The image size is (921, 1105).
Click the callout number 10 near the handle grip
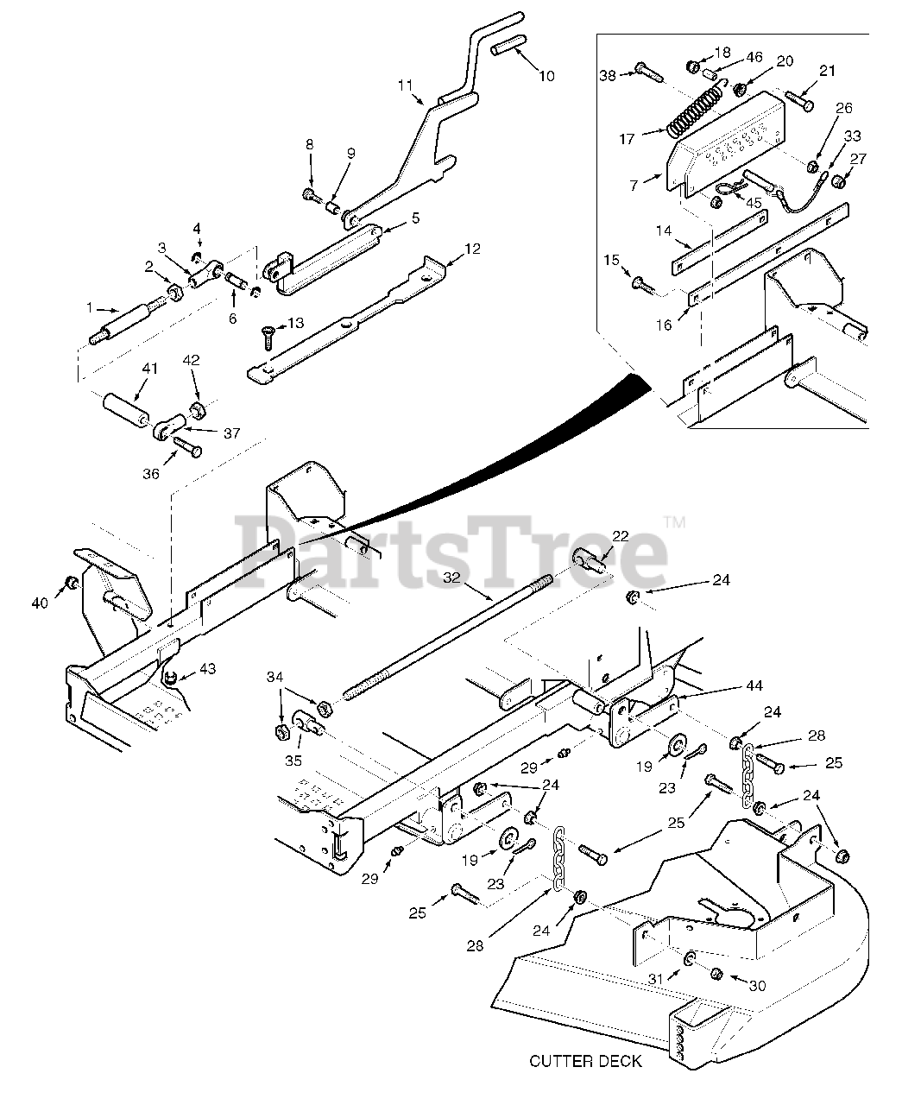[x=546, y=76]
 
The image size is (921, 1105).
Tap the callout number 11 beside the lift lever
[x=405, y=85]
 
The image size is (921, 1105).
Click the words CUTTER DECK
[x=585, y=1061]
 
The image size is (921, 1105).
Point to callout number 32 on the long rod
[x=451, y=578]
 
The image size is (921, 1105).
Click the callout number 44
[x=754, y=685]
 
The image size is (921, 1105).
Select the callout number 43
[x=207, y=668]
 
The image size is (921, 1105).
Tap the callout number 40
[x=40, y=603]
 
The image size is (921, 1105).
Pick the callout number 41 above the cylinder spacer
[x=150, y=368]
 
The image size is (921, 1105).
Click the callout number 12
[x=472, y=249]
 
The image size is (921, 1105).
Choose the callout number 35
[x=293, y=761]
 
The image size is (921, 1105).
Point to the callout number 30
[x=758, y=985]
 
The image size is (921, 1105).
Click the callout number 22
[x=621, y=536]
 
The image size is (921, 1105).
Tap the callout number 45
[x=754, y=203]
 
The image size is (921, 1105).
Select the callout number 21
[x=827, y=71]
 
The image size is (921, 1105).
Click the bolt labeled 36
[x=187, y=446]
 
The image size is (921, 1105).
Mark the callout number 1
[x=90, y=307]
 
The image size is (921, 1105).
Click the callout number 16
[x=664, y=325]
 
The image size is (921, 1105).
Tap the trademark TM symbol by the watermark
[x=674, y=523]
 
